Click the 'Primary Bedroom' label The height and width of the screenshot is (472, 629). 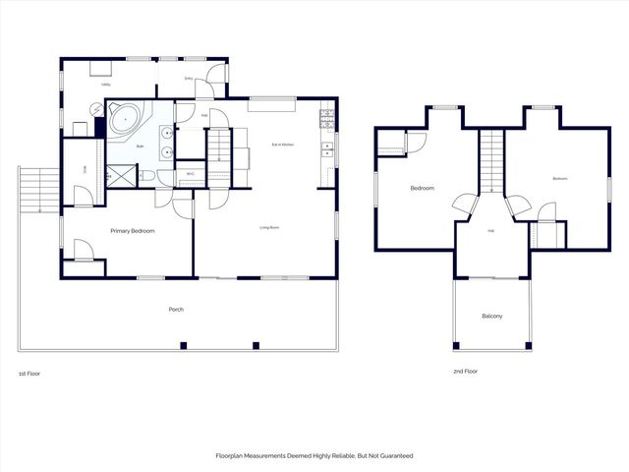click(130, 230)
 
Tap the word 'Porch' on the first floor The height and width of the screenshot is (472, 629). click(176, 310)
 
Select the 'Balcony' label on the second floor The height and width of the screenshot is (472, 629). click(492, 316)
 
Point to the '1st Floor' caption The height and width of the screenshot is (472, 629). click(29, 374)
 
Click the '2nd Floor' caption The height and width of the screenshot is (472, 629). click(464, 372)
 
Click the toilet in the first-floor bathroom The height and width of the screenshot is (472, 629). click(146, 176)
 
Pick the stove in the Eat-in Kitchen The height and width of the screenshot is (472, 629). click(326, 122)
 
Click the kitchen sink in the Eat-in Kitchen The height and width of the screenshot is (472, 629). click(326, 151)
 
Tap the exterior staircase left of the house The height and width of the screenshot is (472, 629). click(35, 190)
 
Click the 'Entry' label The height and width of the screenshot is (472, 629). click(189, 79)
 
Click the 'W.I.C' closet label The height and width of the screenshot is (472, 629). click(191, 176)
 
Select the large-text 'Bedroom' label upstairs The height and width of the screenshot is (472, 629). click(423, 187)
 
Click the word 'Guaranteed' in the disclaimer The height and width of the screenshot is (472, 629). click(394, 456)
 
